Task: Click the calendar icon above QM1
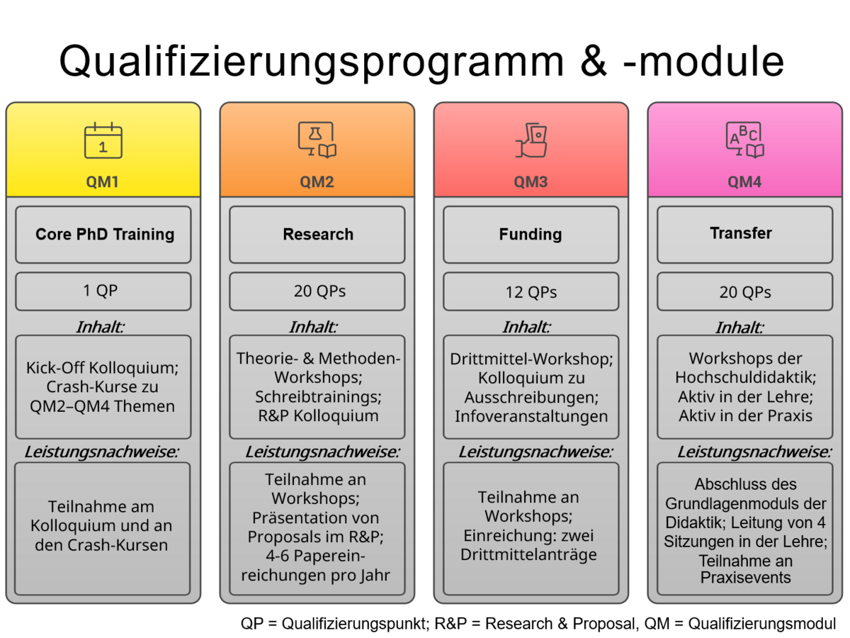(x=103, y=140)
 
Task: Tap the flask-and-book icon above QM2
(x=317, y=140)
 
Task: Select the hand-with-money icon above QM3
(x=531, y=140)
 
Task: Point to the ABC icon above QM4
(x=744, y=140)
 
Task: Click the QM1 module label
(x=102, y=181)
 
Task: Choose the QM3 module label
(x=531, y=181)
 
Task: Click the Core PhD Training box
(x=103, y=235)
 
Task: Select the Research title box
(x=317, y=235)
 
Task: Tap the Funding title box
(x=531, y=235)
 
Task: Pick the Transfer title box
(x=744, y=235)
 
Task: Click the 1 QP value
(x=100, y=291)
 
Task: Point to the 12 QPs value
(x=531, y=292)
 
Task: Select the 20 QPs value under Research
(x=319, y=291)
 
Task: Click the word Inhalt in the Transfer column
(x=738, y=328)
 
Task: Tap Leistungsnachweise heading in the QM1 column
(x=102, y=452)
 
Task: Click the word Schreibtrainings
(x=318, y=397)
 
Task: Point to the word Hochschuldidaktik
(x=745, y=377)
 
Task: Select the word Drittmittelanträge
(x=528, y=555)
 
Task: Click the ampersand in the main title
(x=594, y=62)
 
